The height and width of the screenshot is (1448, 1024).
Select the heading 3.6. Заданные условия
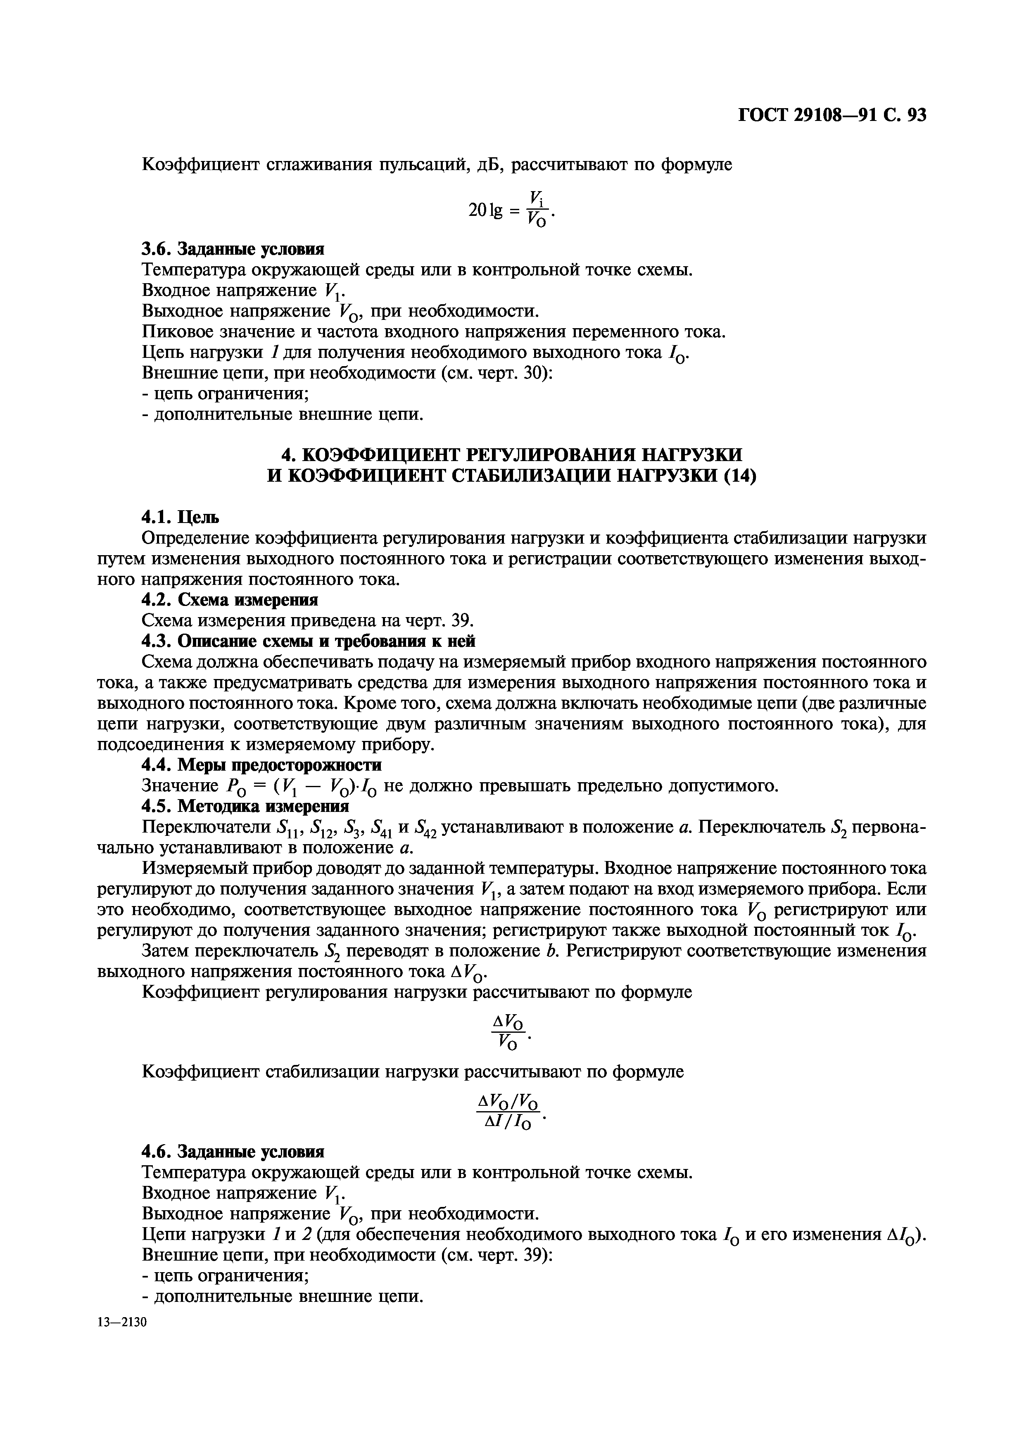233,249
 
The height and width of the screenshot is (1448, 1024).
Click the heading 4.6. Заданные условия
233,1152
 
